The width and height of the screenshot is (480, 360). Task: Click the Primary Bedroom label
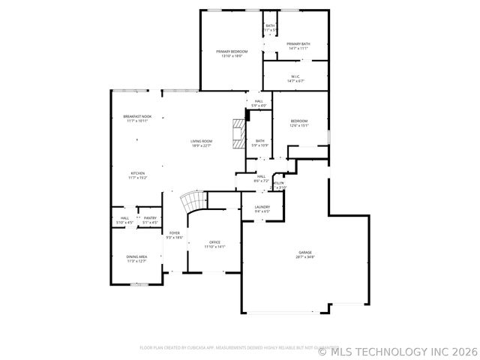pyautogui.click(x=231, y=53)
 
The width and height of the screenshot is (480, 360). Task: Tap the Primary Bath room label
pyautogui.click(x=298, y=46)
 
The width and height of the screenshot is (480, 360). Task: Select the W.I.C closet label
pyautogui.click(x=295, y=78)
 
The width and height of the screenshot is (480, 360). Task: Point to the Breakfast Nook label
pyautogui.click(x=137, y=118)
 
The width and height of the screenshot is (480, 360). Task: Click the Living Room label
pyautogui.click(x=201, y=143)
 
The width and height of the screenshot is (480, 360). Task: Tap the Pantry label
pyautogui.click(x=151, y=220)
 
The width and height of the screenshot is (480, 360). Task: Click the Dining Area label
pyautogui.click(x=136, y=259)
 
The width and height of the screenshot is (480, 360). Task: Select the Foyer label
pyautogui.click(x=174, y=235)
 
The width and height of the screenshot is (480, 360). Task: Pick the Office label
pyautogui.click(x=214, y=244)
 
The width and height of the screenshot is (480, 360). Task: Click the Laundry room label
pyautogui.click(x=262, y=209)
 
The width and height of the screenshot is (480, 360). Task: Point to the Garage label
pyautogui.click(x=305, y=255)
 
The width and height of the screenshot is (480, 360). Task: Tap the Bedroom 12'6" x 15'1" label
pyautogui.click(x=299, y=123)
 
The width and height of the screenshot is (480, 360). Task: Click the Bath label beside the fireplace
pyautogui.click(x=259, y=142)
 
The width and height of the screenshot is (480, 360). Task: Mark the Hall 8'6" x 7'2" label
pyautogui.click(x=261, y=178)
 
